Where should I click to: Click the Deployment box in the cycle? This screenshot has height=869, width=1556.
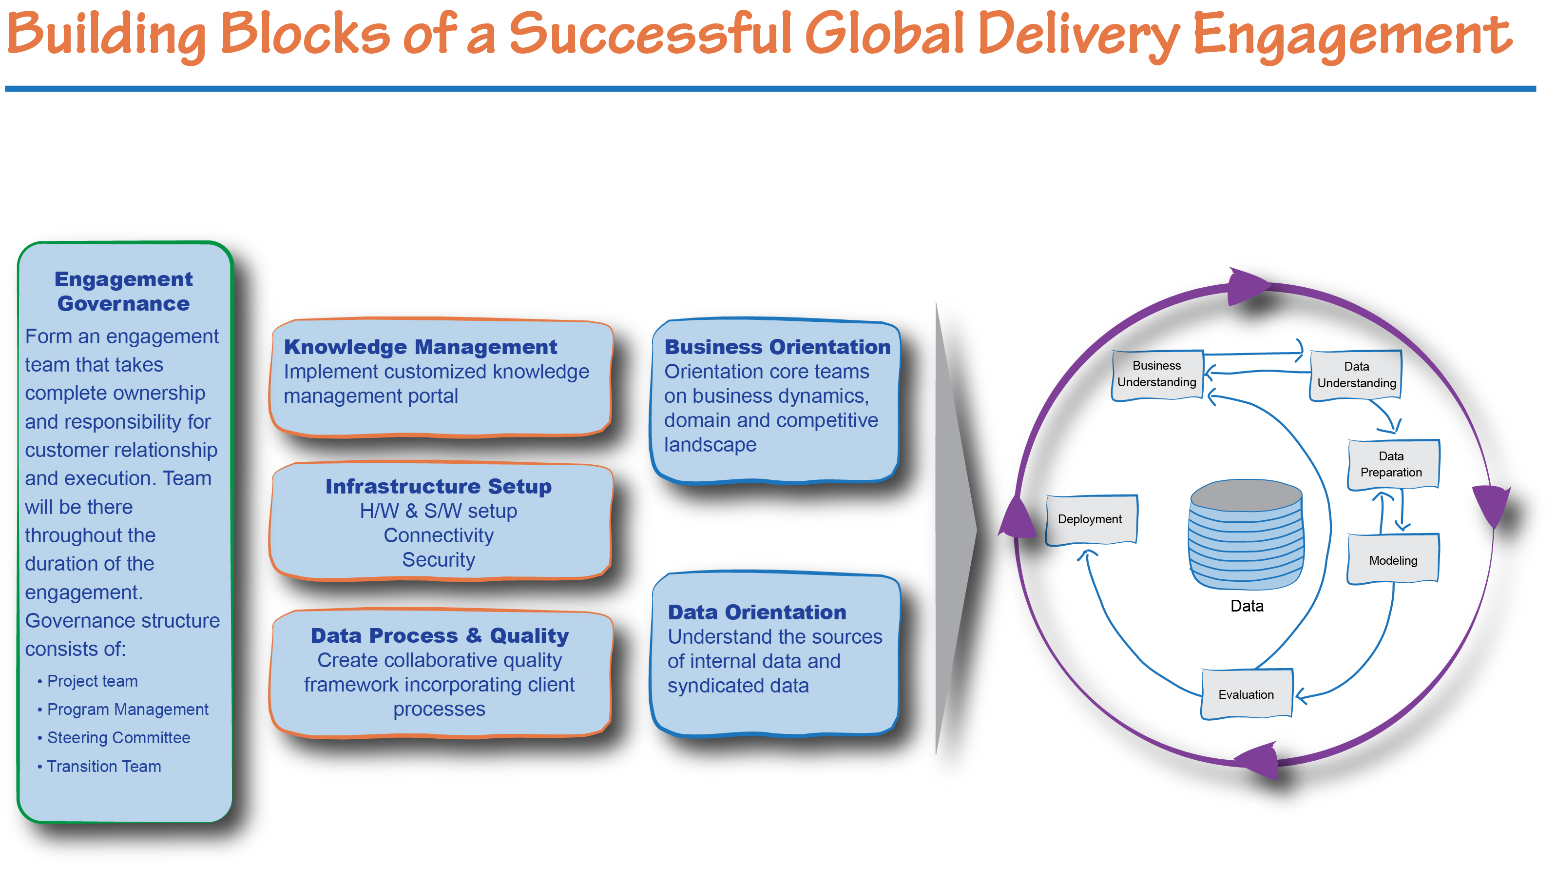click(1092, 520)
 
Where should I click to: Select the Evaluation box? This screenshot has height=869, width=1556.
click(1246, 694)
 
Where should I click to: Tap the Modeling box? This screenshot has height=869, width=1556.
click(1393, 560)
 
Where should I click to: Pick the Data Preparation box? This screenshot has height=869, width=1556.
click(1393, 464)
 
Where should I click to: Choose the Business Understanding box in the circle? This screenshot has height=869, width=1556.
click(1157, 375)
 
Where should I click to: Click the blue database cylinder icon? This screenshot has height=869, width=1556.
click(1246, 534)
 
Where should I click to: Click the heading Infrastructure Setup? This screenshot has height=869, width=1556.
click(439, 487)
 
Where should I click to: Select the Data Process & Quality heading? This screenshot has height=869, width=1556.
click(440, 636)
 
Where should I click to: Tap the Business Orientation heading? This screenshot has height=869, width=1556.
click(777, 347)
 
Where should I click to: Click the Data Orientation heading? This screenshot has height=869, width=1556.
click(757, 612)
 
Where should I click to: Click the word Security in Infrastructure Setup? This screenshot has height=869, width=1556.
click(439, 560)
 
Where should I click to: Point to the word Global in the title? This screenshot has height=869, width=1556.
click(885, 33)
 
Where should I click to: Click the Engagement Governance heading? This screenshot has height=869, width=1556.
click(124, 291)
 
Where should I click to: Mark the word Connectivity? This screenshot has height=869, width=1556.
click(439, 536)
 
